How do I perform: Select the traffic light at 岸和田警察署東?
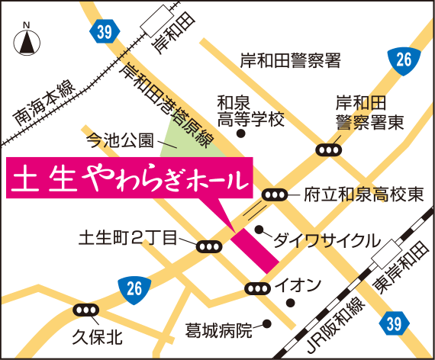pos(329,150)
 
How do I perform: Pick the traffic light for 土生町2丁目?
pos(208,246)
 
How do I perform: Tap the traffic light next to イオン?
pos(258,288)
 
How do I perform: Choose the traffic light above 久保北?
pos(86,310)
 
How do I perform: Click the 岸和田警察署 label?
pos(290,59)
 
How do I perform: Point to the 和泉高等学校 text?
pos(250,111)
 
